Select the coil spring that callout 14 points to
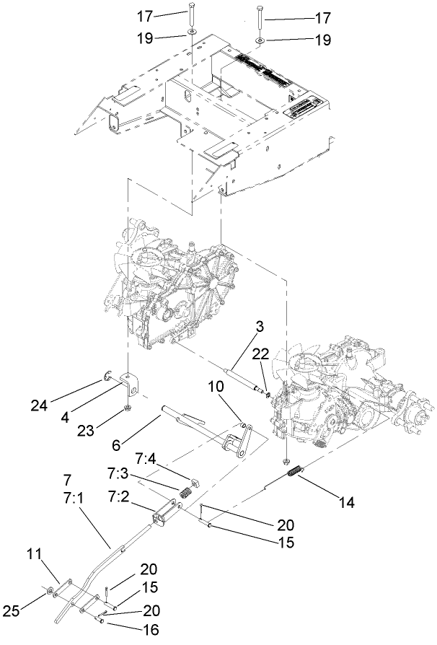click(x=294, y=472)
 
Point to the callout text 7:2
click(x=120, y=497)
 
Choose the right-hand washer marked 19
click(x=258, y=40)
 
